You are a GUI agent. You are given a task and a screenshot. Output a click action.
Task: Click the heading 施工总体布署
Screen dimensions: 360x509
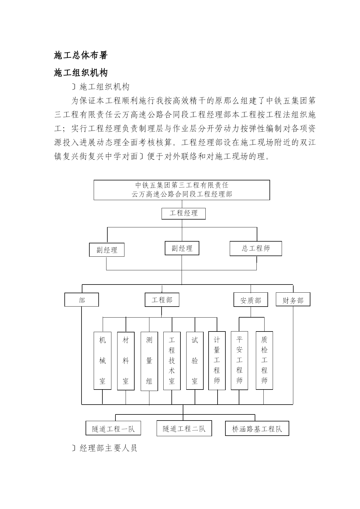(x=81, y=55)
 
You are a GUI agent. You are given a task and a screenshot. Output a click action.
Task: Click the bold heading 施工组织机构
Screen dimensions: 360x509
(x=81, y=73)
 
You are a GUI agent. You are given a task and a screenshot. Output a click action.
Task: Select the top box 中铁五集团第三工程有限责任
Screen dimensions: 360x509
(x=182, y=190)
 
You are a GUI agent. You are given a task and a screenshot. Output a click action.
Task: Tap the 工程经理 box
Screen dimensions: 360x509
(x=184, y=213)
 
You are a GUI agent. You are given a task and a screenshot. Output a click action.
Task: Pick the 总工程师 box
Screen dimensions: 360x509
(x=256, y=249)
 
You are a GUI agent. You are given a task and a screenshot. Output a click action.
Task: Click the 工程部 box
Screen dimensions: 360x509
(x=162, y=300)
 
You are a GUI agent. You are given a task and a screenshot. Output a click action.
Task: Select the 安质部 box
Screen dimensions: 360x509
(x=251, y=300)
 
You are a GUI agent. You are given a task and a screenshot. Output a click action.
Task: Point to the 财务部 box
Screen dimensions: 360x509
(x=293, y=299)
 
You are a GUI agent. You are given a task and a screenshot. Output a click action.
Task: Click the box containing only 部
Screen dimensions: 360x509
(x=82, y=300)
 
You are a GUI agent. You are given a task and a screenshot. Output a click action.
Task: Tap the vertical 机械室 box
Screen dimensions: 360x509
(x=103, y=361)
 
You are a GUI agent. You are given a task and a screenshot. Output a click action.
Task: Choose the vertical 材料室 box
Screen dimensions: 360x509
(x=126, y=361)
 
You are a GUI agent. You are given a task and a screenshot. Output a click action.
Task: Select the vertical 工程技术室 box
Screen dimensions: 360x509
(x=172, y=361)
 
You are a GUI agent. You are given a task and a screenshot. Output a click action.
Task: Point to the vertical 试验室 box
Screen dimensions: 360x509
(x=195, y=361)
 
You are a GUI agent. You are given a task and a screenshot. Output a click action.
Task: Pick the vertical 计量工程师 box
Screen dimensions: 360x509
(x=217, y=361)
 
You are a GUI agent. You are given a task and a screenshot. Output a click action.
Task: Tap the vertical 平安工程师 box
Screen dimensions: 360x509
(x=239, y=361)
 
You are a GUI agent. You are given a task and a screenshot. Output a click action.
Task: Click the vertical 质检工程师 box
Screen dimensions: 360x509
(x=264, y=360)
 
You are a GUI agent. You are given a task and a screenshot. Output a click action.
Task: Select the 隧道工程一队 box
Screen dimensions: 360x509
(x=113, y=428)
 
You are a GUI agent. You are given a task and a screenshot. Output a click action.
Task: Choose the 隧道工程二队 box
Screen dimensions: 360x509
(x=184, y=428)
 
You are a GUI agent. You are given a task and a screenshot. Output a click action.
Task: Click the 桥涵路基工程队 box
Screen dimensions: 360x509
(x=257, y=429)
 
